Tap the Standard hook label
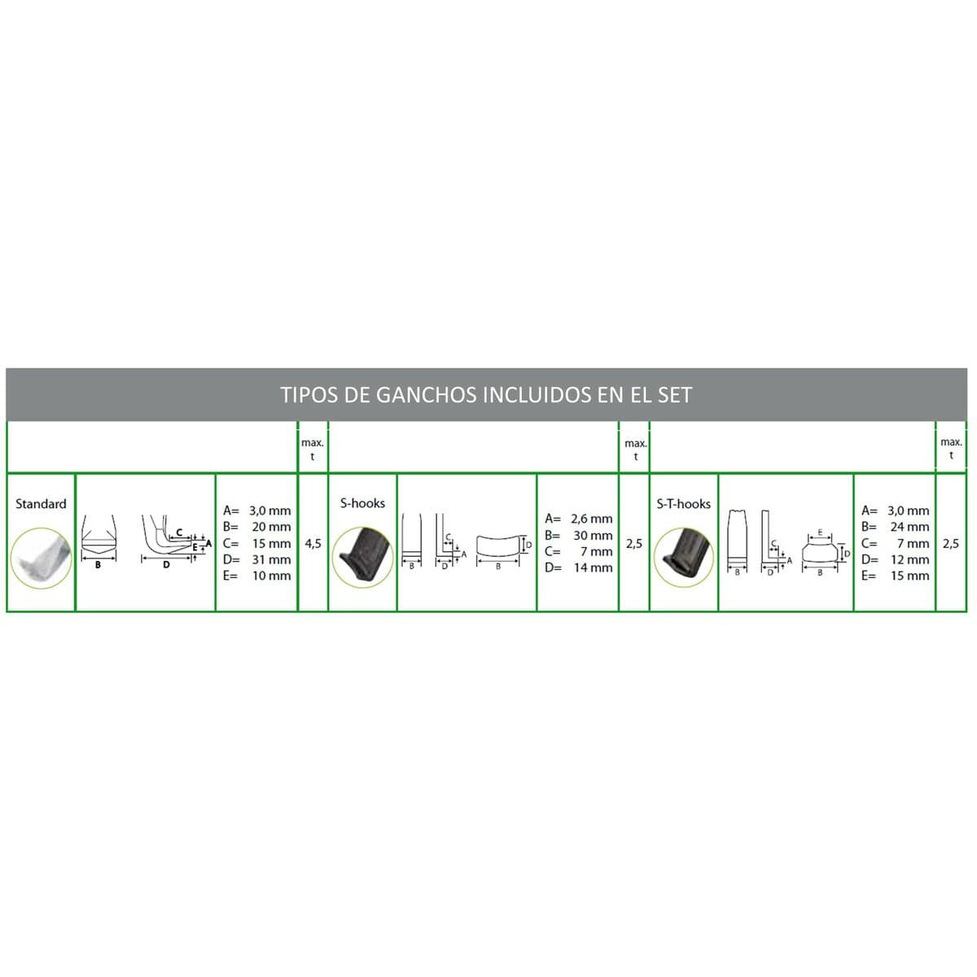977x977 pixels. point(41,504)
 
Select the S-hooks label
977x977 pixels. point(362,504)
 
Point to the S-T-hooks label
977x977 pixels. point(683,504)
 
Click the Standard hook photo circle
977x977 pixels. point(41,559)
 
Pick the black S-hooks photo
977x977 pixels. point(363,557)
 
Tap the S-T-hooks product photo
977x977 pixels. point(683,557)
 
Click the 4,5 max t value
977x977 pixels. point(313,543)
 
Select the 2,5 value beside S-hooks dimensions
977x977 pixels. point(635,543)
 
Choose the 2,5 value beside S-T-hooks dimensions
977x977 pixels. point(951,543)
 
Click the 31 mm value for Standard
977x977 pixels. point(271,559)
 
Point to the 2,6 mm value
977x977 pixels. point(591,519)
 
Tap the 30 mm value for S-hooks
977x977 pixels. point(593,536)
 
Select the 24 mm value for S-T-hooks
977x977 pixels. point(909,527)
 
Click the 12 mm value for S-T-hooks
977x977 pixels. point(909,559)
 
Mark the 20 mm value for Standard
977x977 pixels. point(271,527)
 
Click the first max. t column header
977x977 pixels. point(313,449)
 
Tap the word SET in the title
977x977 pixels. point(673,396)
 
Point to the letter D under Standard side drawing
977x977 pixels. point(167,564)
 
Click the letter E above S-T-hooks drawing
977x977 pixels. point(820,532)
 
